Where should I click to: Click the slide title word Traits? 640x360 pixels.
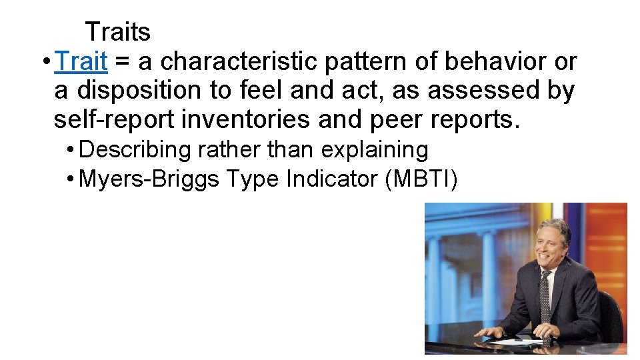click(x=118, y=31)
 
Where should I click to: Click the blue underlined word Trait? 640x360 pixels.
click(x=82, y=61)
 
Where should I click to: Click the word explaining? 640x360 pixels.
click(x=375, y=150)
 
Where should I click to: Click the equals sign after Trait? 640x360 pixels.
click(x=123, y=62)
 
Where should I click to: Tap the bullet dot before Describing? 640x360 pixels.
click(x=71, y=150)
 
